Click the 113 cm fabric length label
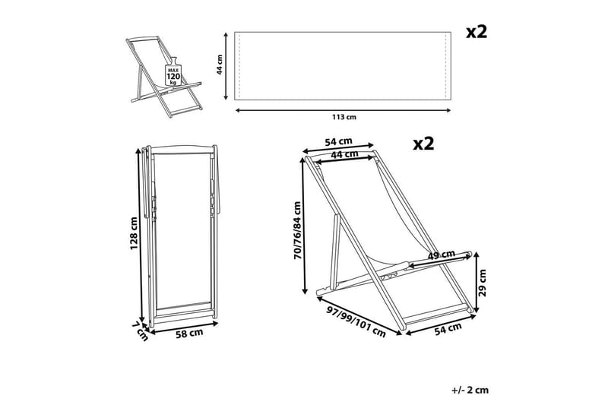[x=344, y=117]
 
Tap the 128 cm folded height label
[x=134, y=233]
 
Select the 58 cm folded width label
[x=189, y=334]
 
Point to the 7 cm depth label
[x=141, y=331]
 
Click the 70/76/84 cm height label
[x=297, y=230]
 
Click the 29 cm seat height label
[x=483, y=283]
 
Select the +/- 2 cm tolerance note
[x=470, y=390]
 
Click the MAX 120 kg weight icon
[x=173, y=72]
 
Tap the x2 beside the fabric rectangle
[x=477, y=32]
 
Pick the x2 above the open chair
[x=423, y=144]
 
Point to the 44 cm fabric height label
[x=220, y=65]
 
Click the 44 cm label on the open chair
[x=344, y=153]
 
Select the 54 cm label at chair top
[x=338, y=141]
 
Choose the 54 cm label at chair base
[x=448, y=329]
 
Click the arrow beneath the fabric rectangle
[x=344, y=110]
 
